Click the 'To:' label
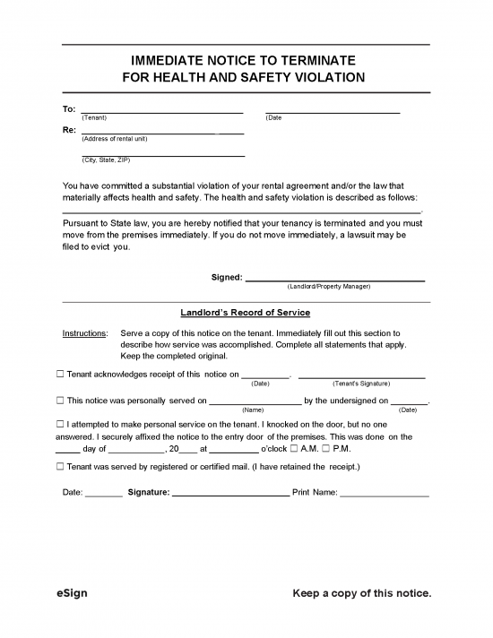click(x=68, y=108)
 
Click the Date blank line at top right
click(x=333, y=111)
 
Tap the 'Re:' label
click(x=68, y=130)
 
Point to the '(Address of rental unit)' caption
click(x=115, y=139)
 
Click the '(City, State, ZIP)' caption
click(x=106, y=159)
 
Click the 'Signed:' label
click(x=226, y=277)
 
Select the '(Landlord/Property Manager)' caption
click(x=328, y=287)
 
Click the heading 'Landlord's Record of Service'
click(x=245, y=313)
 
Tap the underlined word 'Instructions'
click(x=84, y=333)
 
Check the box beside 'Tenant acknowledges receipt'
click(x=59, y=375)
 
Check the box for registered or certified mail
click(x=59, y=467)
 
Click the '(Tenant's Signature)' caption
click(x=361, y=384)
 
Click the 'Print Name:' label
click(x=314, y=492)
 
